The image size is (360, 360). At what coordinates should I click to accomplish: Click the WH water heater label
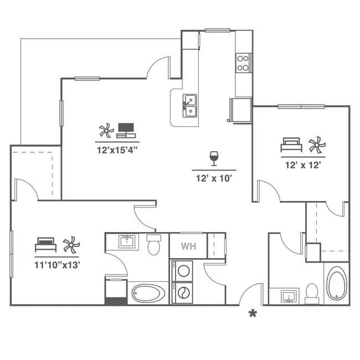pos(188,245)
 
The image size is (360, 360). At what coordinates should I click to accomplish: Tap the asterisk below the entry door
pos(253,314)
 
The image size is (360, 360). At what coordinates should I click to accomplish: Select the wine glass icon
pos(214,158)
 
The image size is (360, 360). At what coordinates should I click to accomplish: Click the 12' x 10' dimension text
pos(213,178)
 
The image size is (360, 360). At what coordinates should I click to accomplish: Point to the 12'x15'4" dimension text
pos(117,148)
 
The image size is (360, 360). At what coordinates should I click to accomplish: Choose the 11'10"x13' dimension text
pos(58,264)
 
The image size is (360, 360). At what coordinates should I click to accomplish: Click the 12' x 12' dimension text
pos(303,164)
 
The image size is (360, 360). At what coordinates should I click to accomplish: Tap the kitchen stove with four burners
pos(243,63)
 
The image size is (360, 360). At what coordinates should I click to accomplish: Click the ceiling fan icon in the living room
pos(106,131)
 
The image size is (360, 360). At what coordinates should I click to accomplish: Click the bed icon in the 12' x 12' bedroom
pos(291,145)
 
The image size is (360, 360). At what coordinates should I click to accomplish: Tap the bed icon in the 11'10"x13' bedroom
pos(45,244)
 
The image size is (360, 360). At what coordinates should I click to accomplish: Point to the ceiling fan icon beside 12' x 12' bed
pos(316,145)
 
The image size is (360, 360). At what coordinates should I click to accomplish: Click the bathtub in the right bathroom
pos(336,284)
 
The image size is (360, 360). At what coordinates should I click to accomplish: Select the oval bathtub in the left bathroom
pos(148,293)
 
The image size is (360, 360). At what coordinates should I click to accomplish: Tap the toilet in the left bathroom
pos(153,244)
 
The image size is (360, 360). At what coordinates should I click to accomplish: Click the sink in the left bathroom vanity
pos(127,241)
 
